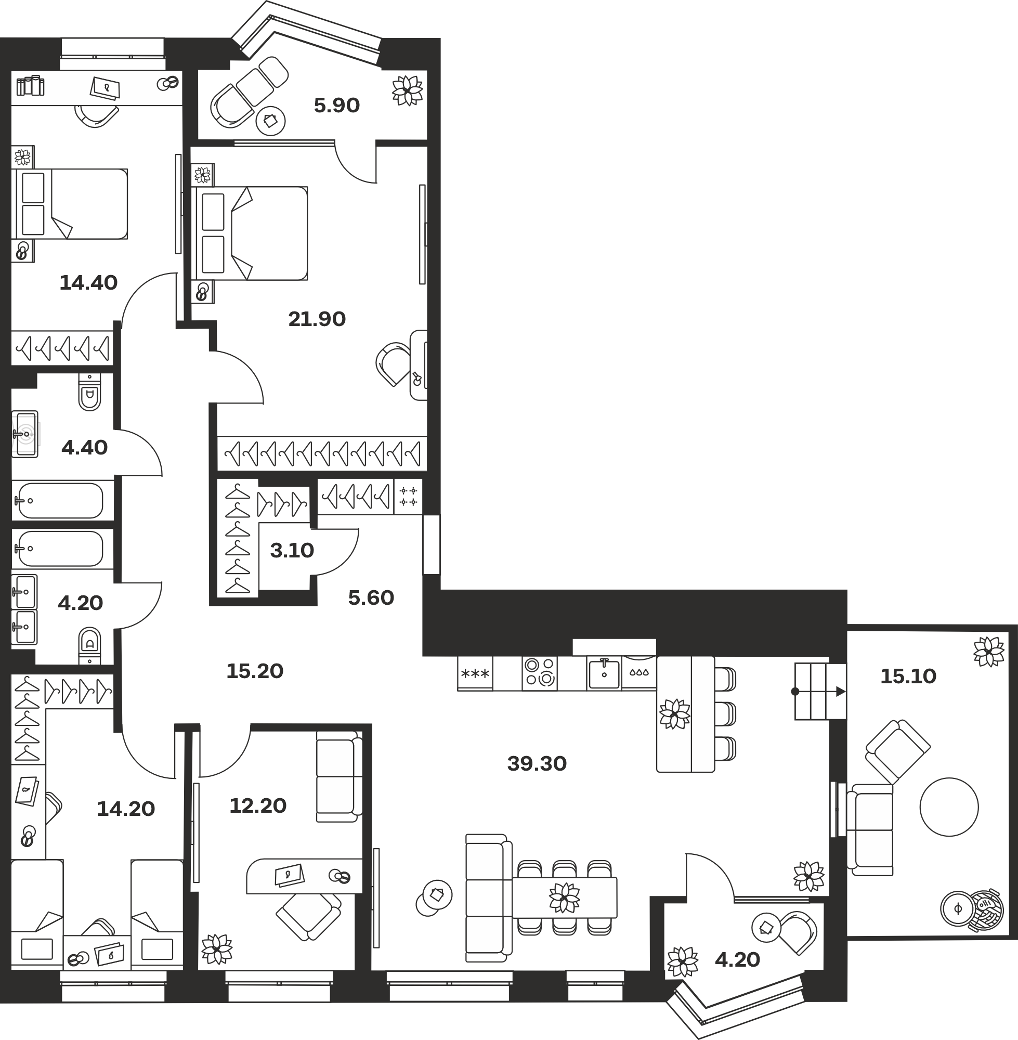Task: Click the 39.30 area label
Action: pos(537,763)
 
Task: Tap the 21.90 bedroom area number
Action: pos(317,319)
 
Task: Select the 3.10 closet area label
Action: pos(292,550)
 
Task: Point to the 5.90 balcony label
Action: pos(337,106)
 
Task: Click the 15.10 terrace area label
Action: pos(908,677)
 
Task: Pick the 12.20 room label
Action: pos(258,806)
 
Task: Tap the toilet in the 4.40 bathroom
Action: pos(89,392)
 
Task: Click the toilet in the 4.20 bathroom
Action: pos(89,645)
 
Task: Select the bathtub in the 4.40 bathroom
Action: pos(60,500)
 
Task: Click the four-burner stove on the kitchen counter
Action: pos(540,672)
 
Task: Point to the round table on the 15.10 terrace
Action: pos(949,807)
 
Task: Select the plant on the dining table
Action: pos(565,897)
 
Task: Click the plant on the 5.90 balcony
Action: pos(408,90)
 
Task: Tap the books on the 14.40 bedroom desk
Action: pos(30,86)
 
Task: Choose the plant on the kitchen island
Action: pos(675,714)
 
